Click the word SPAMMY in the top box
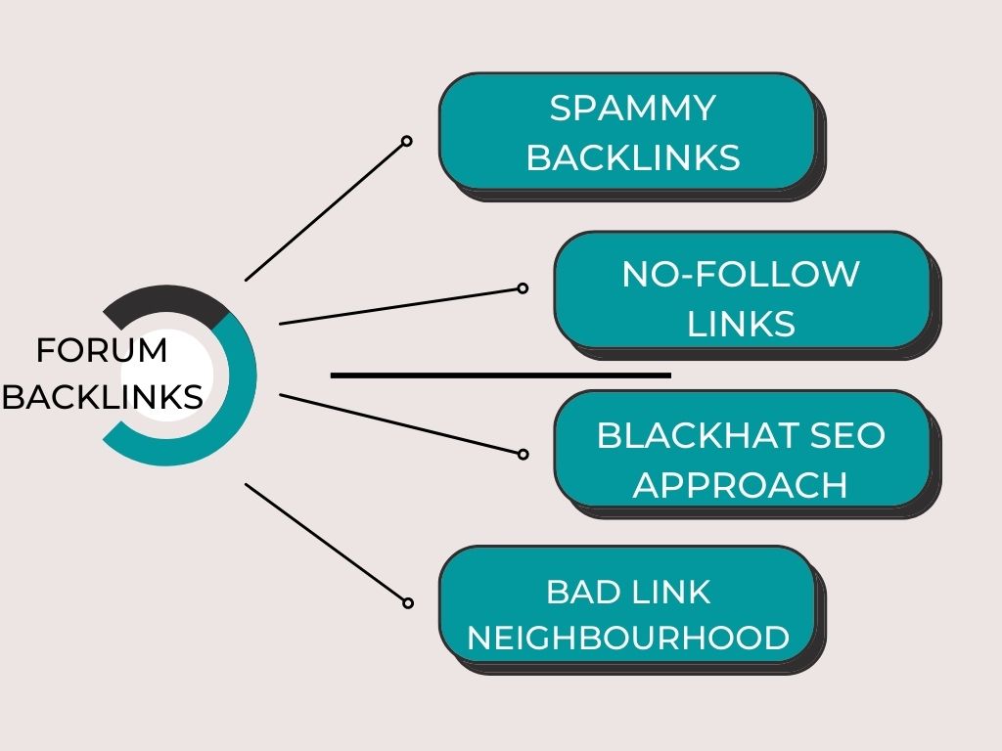click(x=632, y=109)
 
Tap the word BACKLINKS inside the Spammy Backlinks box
click(x=633, y=157)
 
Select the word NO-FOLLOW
click(x=741, y=275)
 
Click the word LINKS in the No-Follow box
click(x=741, y=324)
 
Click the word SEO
click(x=847, y=435)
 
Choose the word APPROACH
click(x=741, y=484)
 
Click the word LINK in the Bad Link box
click(x=669, y=592)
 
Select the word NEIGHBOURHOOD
click(x=628, y=639)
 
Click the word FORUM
click(x=102, y=350)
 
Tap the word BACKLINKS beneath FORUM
click(x=103, y=397)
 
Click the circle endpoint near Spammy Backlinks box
click(x=407, y=142)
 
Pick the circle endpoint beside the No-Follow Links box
click(x=523, y=288)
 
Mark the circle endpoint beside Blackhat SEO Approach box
click(x=523, y=454)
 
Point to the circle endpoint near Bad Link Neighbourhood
click(x=407, y=603)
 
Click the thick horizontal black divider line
click(x=500, y=375)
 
